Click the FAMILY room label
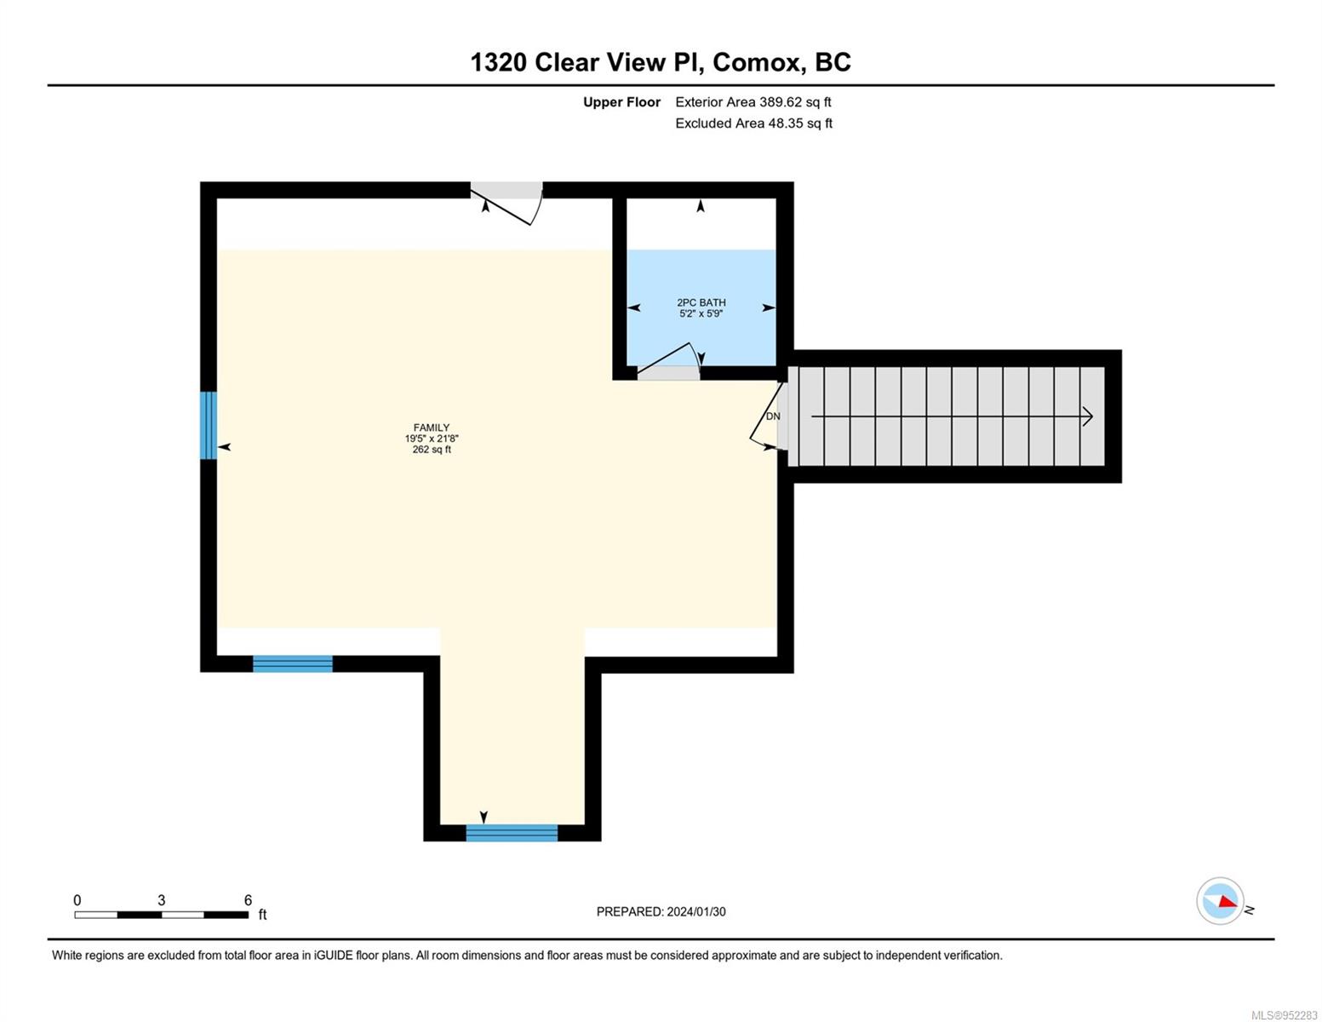pos(432,428)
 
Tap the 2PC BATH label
pos(701,302)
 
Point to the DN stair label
pos(773,416)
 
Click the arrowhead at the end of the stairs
pos(1088,417)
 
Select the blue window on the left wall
pos(208,425)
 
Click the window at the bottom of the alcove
pos(512,833)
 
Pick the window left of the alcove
pos(293,664)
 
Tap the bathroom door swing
pos(669,359)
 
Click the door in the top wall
pos(506,203)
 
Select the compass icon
pos(1220,901)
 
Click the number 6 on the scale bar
pos(248,899)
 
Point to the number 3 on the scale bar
pos(161,899)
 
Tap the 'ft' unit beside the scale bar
pos(263,914)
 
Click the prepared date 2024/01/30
pos(696,911)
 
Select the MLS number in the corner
pos(1284,1015)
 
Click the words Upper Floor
pos(621,102)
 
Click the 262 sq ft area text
pos(432,449)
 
